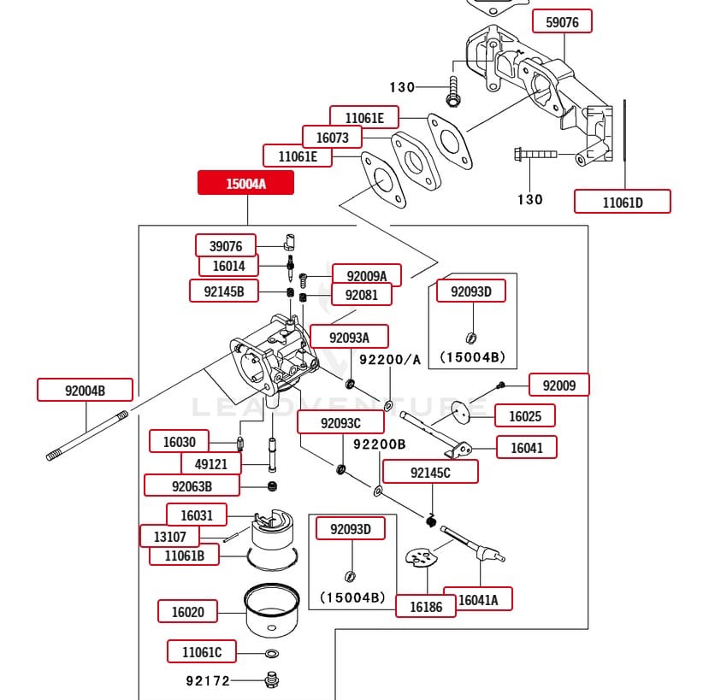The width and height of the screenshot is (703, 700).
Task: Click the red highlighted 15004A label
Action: tap(245, 183)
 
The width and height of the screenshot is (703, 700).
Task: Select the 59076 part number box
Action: tap(562, 22)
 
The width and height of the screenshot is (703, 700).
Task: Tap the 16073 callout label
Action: tap(332, 137)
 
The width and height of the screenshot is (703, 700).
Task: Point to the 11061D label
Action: tap(622, 202)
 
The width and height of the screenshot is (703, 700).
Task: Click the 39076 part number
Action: tap(226, 246)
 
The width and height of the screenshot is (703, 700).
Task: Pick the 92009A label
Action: tap(366, 275)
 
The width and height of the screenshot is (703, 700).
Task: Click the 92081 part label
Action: tap(361, 295)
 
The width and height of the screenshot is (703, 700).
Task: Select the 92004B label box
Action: tap(85, 391)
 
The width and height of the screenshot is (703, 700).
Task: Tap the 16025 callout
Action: tap(525, 416)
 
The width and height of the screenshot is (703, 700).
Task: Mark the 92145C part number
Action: tap(430, 472)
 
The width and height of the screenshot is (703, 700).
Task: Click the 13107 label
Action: tap(170, 537)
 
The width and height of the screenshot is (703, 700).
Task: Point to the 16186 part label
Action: tap(425, 606)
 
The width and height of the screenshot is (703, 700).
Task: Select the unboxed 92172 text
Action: tap(209, 681)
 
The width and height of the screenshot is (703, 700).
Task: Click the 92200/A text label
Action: tap(390, 360)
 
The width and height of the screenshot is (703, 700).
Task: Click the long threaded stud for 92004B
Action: tap(86, 437)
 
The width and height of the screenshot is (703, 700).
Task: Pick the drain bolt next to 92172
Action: tap(273, 680)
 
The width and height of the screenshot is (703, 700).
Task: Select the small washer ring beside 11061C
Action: tap(270, 654)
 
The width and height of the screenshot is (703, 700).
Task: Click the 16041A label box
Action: tap(484, 600)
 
